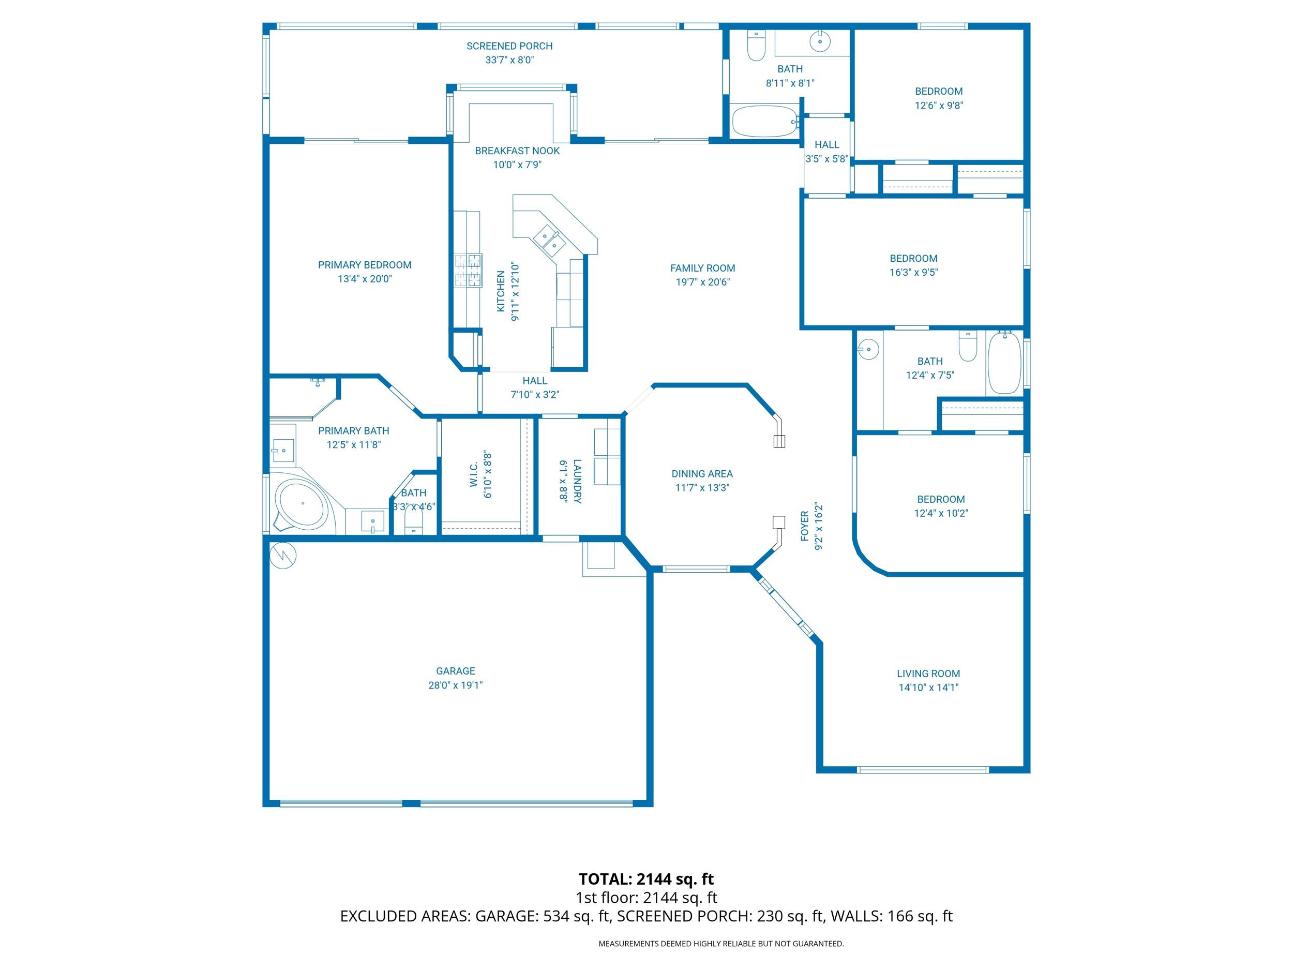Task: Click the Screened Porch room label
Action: coord(509,46)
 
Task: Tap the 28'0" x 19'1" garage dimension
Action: coord(455,684)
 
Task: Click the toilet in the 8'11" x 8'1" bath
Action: coord(756,47)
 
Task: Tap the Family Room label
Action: coord(702,268)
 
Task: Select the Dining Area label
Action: coord(701,473)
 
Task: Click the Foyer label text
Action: coord(805,526)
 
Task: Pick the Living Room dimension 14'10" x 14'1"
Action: coord(928,687)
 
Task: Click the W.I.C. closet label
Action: coord(474,474)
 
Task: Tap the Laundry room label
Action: coord(577,481)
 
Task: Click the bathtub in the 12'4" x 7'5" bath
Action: coord(1004,362)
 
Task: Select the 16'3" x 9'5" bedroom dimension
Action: coord(913,272)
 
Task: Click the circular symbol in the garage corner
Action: coord(283,556)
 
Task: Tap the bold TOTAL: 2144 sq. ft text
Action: coord(646,879)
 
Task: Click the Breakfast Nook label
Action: coord(517,151)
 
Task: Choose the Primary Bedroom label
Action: coord(364,265)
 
